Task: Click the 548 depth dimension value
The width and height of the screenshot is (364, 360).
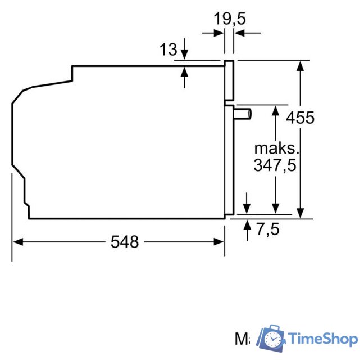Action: tap(124, 242)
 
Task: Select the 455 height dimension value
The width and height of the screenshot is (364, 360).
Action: tap(300, 118)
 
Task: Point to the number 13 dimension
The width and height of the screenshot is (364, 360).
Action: tap(168, 50)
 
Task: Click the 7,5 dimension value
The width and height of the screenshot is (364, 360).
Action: tap(267, 229)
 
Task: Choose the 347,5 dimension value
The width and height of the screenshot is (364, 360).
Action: tap(274, 166)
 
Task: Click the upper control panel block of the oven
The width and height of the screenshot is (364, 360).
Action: tap(229, 80)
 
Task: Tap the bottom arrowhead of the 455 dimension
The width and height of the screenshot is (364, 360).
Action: tap(301, 212)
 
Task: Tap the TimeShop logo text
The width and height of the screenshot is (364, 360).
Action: tap(322, 339)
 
